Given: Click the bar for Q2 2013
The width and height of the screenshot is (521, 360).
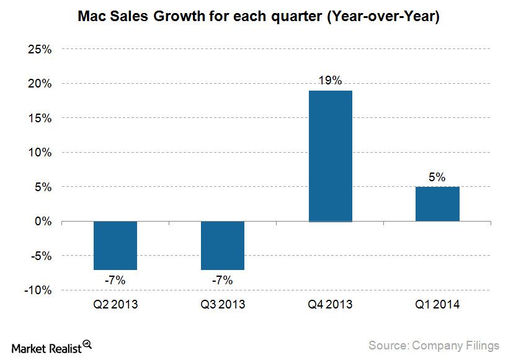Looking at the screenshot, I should [x=115, y=245].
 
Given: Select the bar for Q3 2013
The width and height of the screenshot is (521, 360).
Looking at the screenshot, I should [x=222, y=245].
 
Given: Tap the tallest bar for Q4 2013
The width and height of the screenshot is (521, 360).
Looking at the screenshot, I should [x=330, y=156].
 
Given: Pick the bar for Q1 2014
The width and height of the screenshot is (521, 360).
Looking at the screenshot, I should [x=437, y=204].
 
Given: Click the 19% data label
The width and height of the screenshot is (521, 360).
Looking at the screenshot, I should [x=330, y=80].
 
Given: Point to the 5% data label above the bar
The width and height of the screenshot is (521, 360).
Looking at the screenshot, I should [x=437, y=177].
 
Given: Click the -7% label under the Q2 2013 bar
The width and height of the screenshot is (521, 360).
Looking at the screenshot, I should [x=115, y=281].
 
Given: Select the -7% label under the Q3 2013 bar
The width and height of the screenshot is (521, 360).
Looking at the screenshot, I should [x=222, y=281].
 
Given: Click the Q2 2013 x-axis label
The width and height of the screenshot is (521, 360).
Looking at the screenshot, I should [x=115, y=305].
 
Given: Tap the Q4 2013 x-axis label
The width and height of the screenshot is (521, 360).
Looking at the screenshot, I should [x=330, y=305].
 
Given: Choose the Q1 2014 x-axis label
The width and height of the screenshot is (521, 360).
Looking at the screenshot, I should [x=437, y=305].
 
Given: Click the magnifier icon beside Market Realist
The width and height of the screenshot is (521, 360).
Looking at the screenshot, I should [x=87, y=344].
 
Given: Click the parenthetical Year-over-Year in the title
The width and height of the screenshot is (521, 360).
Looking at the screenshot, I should [x=383, y=17].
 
